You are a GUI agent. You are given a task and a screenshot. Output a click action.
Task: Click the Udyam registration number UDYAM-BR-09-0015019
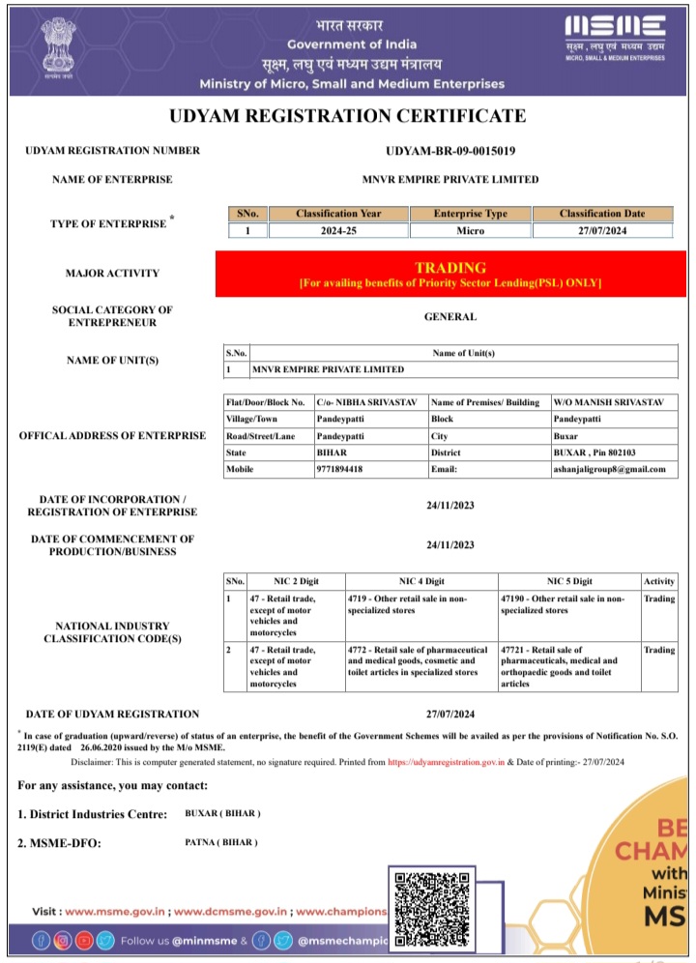(450, 151)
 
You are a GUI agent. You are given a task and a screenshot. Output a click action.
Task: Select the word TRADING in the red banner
(450, 268)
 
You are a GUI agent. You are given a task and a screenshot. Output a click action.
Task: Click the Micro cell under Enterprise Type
(470, 231)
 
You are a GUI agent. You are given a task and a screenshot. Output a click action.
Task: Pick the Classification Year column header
(338, 214)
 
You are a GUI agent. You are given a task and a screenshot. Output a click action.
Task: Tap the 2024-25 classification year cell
(338, 231)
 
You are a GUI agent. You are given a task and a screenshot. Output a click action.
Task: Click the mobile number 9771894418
(341, 470)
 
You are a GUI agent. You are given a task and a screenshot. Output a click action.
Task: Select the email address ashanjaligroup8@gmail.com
(609, 470)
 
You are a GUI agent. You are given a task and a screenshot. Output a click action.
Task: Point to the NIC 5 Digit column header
(569, 581)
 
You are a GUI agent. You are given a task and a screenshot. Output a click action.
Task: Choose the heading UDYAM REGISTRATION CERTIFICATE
(348, 117)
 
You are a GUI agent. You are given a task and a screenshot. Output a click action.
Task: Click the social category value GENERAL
(450, 317)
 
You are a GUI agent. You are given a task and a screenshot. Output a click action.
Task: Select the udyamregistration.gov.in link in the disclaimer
(447, 762)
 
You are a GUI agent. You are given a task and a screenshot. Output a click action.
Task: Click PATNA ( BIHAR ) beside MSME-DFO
(221, 842)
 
